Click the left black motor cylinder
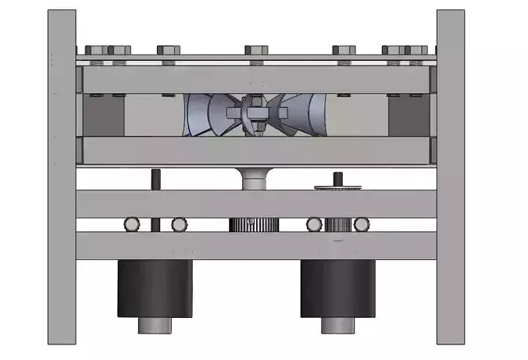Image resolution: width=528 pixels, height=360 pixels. (155, 288)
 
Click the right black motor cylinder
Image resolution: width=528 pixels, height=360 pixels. (338, 288)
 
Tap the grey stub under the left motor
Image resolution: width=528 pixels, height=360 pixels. (155, 326)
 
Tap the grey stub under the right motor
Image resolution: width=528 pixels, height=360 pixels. (338, 326)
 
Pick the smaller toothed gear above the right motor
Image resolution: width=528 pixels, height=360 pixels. (339, 225)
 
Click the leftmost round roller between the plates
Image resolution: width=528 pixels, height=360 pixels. (132, 225)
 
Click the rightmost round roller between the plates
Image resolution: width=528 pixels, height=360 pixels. (361, 225)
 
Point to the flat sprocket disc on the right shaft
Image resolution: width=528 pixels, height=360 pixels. (338, 187)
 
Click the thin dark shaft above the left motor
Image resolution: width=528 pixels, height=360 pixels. (155, 180)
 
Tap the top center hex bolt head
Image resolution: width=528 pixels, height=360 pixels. (255, 51)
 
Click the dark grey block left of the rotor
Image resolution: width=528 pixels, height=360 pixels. (103, 116)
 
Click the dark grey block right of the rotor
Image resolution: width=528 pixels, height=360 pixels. (408, 116)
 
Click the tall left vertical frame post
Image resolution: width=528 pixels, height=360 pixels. (62, 176)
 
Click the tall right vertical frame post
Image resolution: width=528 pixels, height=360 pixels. (451, 176)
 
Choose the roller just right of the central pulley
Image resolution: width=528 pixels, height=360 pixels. (314, 225)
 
